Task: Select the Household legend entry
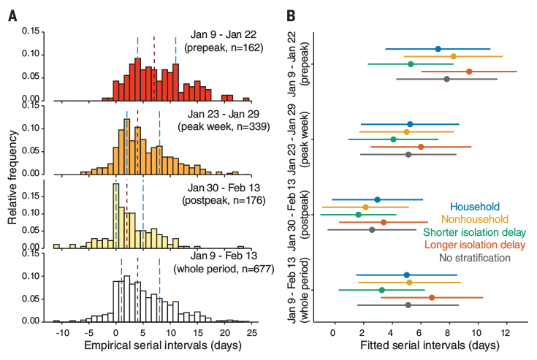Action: click(x=475, y=207)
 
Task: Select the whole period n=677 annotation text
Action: click(x=220, y=269)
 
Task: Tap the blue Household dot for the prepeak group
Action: click(x=438, y=49)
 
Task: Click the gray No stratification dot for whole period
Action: click(x=408, y=305)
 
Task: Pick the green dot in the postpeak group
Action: click(x=358, y=215)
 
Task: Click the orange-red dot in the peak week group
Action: click(x=421, y=147)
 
